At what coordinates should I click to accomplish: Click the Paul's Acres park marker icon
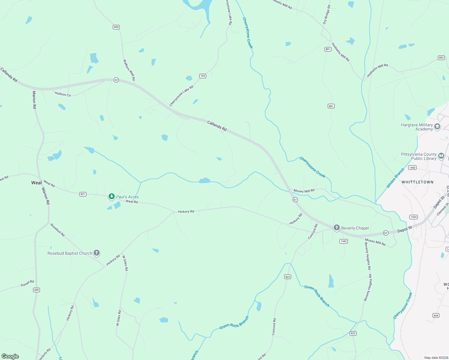click(112, 196)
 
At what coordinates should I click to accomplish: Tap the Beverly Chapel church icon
click(337, 228)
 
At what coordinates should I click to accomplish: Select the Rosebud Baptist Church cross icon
click(97, 253)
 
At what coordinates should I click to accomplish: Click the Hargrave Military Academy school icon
click(437, 127)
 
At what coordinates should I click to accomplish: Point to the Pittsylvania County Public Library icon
click(441, 156)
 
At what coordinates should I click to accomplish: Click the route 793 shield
click(203, 76)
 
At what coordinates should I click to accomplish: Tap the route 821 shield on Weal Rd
click(83, 194)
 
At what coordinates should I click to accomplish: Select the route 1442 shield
click(344, 241)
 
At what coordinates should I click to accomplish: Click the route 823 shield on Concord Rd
click(288, 277)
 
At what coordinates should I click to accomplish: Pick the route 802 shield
click(441, 58)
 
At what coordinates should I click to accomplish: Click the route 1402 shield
click(412, 168)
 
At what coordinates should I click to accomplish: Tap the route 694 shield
click(436, 315)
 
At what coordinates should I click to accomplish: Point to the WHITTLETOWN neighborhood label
click(417, 182)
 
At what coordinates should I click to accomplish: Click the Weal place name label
click(37, 183)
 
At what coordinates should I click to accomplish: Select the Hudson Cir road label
click(63, 94)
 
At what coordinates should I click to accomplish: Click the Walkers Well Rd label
click(129, 70)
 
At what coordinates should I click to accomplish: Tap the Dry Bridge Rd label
click(327, 14)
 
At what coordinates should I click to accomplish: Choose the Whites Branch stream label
click(395, 178)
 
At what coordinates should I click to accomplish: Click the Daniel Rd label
click(27, 283)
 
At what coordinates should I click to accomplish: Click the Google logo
click(10, 356)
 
